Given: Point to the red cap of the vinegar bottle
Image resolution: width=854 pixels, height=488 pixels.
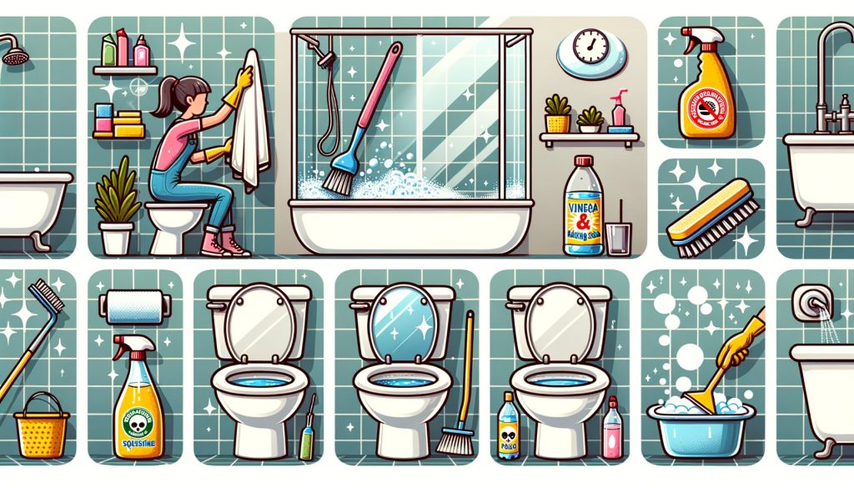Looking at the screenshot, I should [582, 160].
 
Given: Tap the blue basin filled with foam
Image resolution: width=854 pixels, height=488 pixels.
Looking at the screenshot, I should [701, 429].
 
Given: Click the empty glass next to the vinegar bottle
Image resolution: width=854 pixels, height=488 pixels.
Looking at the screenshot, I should [618, 237].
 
